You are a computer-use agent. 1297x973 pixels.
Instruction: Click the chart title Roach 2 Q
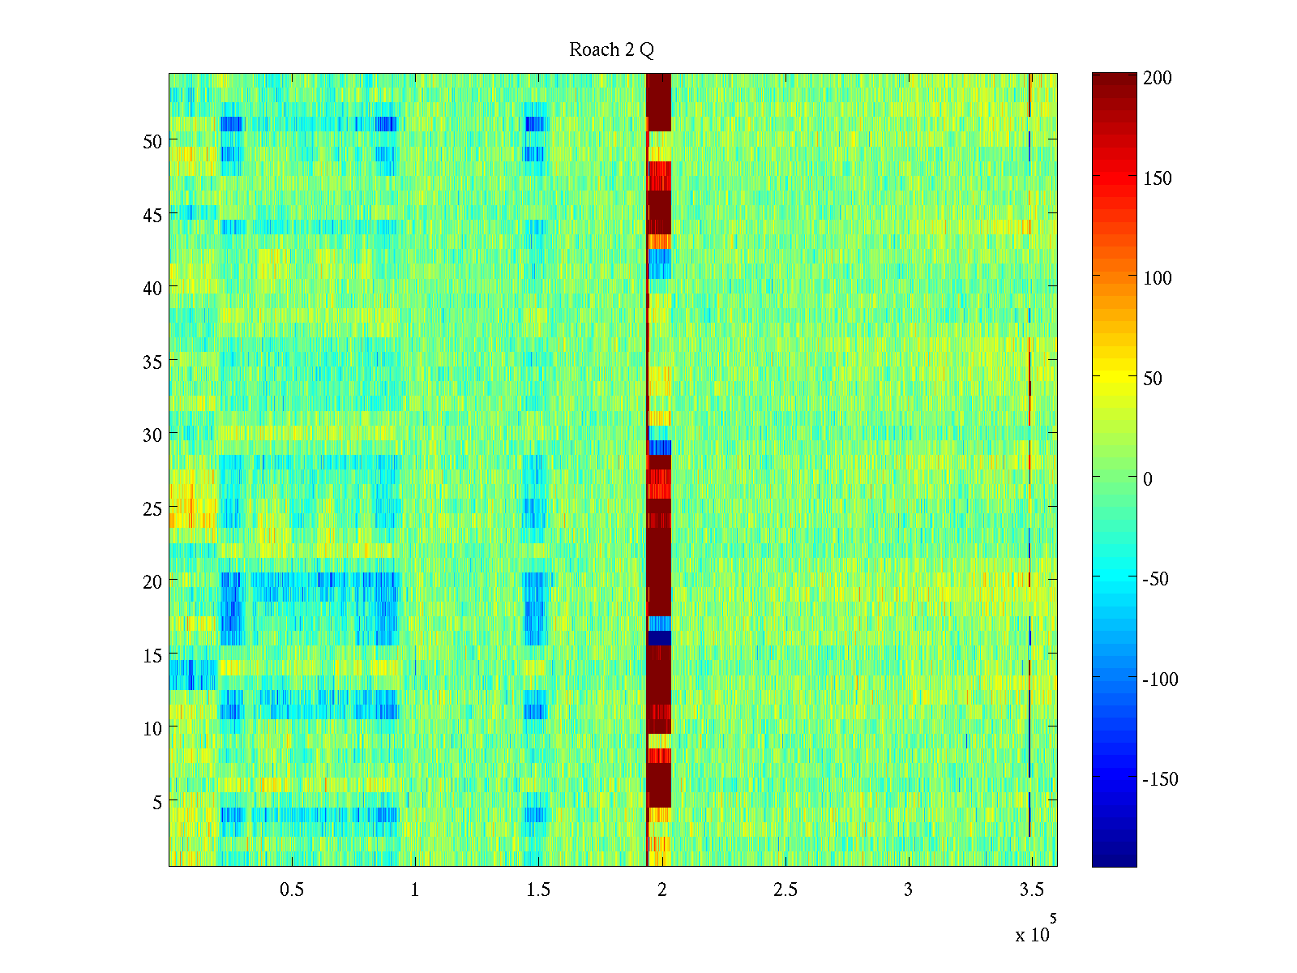click(611, 50)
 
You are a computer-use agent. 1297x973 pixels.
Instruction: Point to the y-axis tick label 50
click(152, 141)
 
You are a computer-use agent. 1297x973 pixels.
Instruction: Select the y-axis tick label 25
click(152, 508)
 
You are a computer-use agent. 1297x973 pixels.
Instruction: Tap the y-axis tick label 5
click(157, 802)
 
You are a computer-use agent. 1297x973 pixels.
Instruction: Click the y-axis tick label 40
click(152, 288)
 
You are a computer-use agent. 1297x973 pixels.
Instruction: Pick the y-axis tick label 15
click(152, 655)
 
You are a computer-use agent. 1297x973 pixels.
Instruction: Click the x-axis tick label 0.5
click(292, 889)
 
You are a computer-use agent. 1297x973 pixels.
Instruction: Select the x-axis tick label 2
click(661, 889)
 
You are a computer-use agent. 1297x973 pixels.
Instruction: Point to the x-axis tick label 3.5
click(1031, 889)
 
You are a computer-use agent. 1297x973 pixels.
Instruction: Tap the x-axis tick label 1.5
click(538, 889)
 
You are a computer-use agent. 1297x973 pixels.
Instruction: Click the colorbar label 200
click(1158, 78)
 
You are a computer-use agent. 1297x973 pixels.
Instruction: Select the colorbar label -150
click(1160, 779)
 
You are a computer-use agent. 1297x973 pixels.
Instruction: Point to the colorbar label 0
click(1147, 479)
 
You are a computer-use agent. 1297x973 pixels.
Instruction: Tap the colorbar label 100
click(1158, 278)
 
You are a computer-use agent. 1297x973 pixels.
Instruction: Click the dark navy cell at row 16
click(659, 638)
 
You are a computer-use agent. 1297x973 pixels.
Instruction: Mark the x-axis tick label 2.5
click(785, 889)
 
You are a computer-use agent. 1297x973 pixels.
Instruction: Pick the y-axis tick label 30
click(152, 435)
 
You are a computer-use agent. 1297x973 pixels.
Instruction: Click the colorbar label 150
click(1158, 178)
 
